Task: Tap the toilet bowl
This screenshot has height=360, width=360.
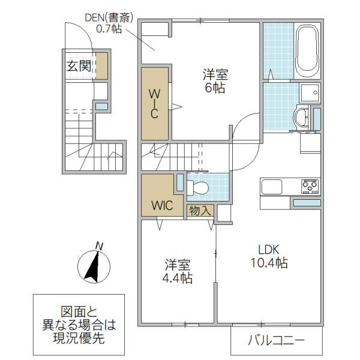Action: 199,188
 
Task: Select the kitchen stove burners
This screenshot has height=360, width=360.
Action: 310,187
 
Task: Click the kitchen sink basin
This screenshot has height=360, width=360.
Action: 272,187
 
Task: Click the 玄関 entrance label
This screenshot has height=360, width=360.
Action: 79,66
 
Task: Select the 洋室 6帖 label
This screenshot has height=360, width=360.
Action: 214,81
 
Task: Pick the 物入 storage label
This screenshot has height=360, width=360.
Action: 199,211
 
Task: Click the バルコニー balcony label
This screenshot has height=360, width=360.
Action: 277,341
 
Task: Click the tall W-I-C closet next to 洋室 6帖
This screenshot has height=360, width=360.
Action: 154,104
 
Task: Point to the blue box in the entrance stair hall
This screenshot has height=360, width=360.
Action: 101,106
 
